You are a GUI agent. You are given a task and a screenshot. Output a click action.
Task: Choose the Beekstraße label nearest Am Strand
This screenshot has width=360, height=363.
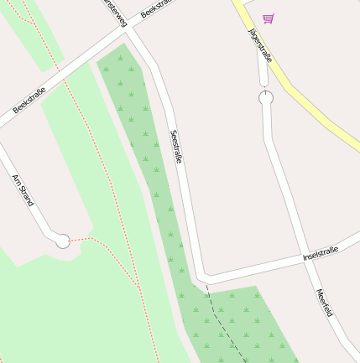coord(29,98)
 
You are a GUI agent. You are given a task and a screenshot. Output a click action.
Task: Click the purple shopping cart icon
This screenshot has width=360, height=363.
coord(268,18)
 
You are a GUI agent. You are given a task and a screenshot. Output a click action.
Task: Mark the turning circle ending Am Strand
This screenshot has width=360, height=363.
coord(61,241)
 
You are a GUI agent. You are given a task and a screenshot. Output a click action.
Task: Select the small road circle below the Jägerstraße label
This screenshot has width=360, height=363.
coord(266,98)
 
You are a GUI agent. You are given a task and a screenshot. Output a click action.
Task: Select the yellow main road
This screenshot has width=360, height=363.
coord(310,101)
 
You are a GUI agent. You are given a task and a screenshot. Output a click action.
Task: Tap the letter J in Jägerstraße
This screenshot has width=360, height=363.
coord(252,29)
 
